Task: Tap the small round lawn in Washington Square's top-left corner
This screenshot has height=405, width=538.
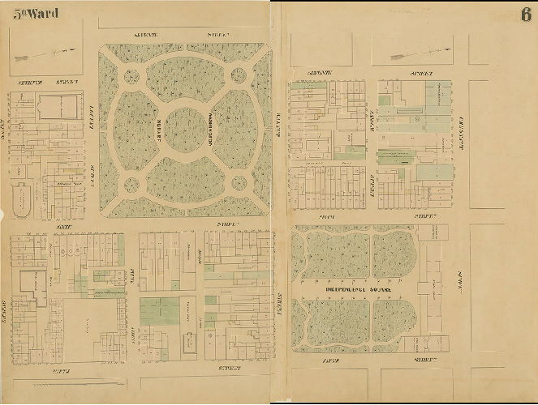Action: (131, 77)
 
